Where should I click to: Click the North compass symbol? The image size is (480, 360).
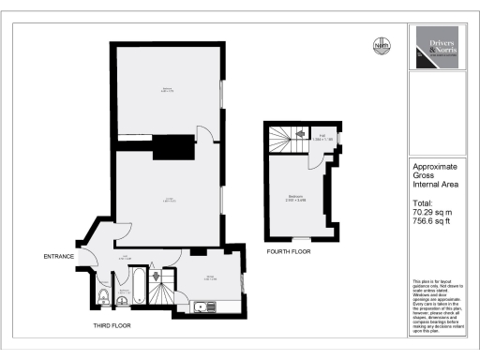click(381, 46)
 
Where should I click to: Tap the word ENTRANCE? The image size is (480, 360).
click(58, 257)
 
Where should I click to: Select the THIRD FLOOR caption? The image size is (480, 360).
click(111, 325)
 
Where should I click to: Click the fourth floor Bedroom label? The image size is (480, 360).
click(294, 197)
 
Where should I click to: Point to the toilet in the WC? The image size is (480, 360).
click(101, 297)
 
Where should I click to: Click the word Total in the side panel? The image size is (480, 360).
click(424, 203)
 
